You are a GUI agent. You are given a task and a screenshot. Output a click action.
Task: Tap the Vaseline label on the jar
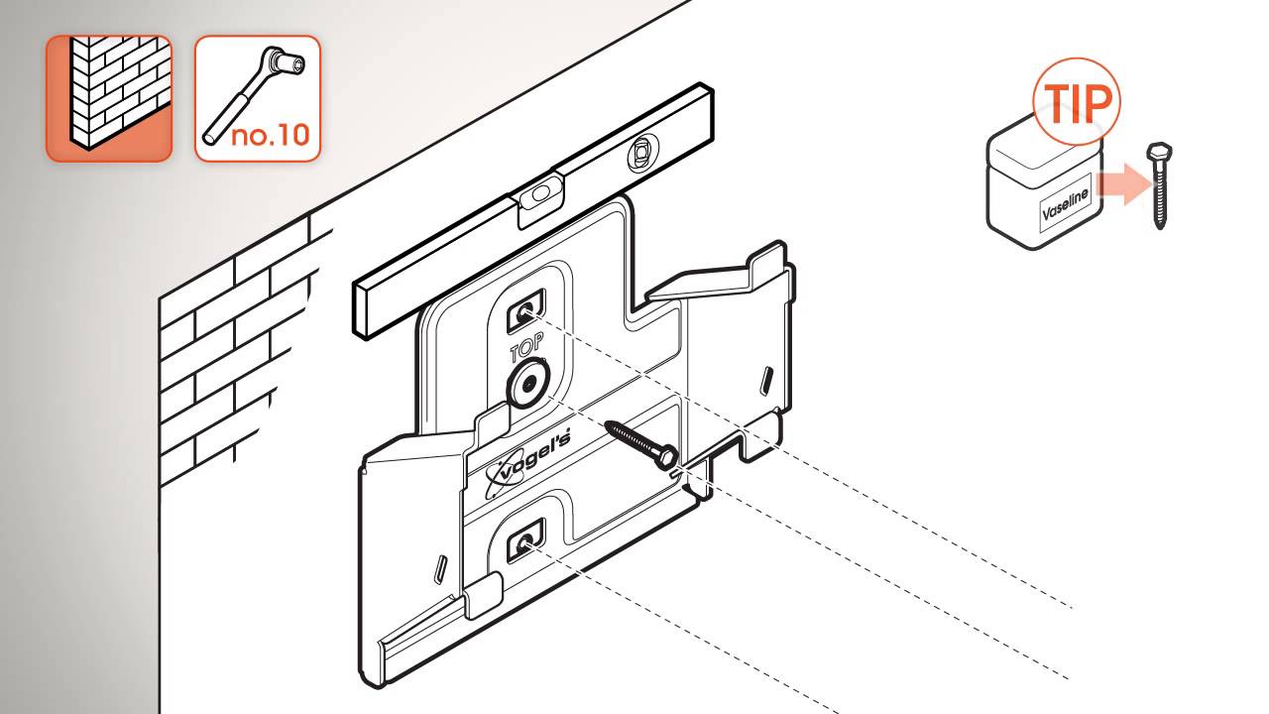(x=1066, y=204)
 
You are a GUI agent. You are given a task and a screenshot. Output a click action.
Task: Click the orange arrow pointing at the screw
(x=1124, y=184)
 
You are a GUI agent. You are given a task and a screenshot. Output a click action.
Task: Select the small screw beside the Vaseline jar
(x=1159, y=185)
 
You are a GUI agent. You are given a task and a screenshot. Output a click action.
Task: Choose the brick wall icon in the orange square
(x=109, y=98)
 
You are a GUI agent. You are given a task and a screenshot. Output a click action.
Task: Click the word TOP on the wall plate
(x=526, y=346)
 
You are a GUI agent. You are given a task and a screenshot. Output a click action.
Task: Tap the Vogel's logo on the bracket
(x=528, y=462)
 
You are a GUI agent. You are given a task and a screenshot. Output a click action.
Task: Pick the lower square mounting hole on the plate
(x=525, y=540)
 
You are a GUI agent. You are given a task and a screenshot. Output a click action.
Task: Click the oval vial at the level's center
(x=541, y=192)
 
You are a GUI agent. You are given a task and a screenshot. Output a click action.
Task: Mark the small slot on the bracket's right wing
(x=766, y=379)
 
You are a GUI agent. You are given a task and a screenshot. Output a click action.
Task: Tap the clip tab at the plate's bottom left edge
(x=483, y=595)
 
